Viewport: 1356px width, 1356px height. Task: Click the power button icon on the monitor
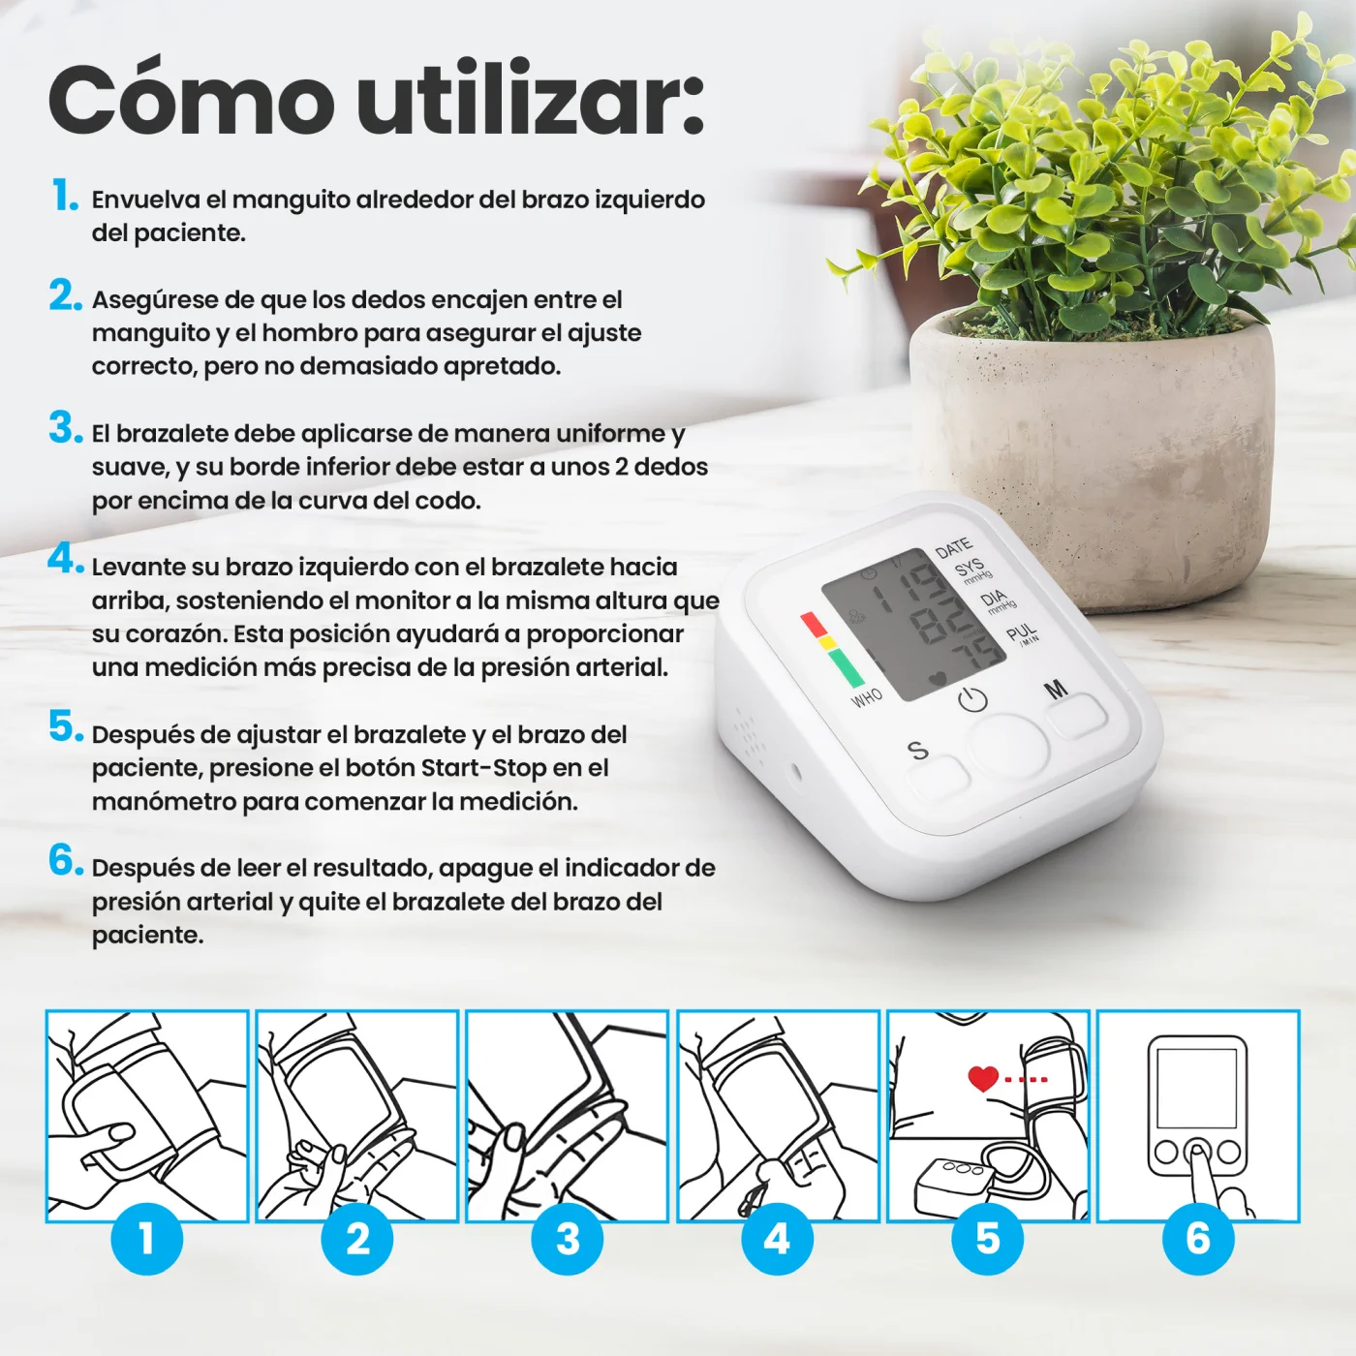click(x=972, y=699)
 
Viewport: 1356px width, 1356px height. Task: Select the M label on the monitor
click(x=1056, y=689)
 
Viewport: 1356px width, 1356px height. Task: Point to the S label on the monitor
click(x=918, y=750)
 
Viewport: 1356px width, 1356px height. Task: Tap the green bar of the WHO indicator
click(x=846, y=667)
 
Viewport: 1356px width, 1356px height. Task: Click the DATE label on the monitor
click(x=953, y=547)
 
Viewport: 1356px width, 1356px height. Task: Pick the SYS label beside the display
click(x=969, y=568)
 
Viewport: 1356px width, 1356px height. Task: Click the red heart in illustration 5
click(x=982, y=1078)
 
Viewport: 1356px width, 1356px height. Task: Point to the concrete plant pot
click(x=1093, y=457)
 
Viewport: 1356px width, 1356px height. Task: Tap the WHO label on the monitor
click(x=866, y=698)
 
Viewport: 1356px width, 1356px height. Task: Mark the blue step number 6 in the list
click(x=66, y=860)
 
